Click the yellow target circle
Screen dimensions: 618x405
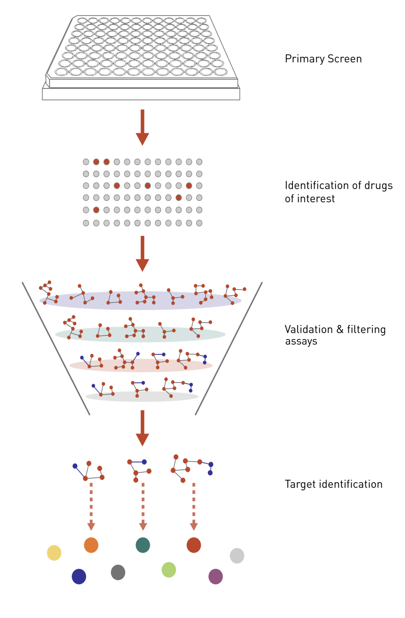[x=54, y=553]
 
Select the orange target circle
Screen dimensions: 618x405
[x=91, y=545]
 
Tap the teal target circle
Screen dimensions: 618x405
[x=143, y=545]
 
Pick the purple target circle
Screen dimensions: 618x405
[x=215, y=577]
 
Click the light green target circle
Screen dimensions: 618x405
[x=169, y=570]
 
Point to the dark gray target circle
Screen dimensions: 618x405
[x=118, y=572]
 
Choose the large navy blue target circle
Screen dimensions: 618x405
[x=79, y=577]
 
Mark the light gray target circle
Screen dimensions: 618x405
[x=237, y=556]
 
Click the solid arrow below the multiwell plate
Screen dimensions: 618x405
[x=142, y=127]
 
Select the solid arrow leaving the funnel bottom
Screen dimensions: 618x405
[x=142, y=427]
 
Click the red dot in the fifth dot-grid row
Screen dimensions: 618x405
[x=96, y=210]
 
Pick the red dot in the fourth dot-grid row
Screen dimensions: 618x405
[x=179, y=198]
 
